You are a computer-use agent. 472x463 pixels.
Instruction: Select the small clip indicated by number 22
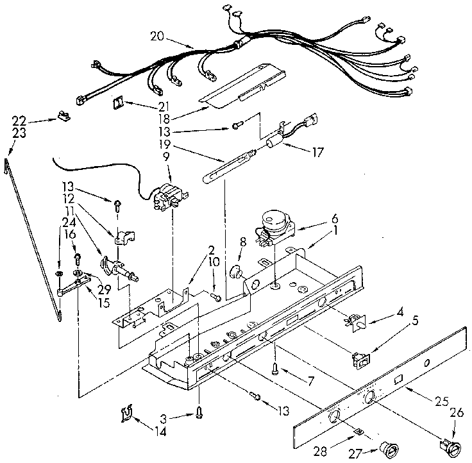tap(63, 116)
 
